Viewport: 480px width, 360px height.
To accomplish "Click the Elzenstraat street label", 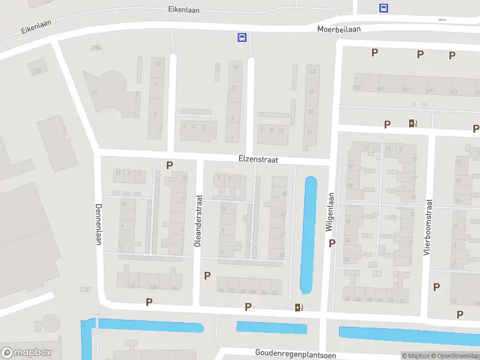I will [x=257, y=160].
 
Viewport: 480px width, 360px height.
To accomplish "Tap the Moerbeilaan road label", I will [x=340, y=28].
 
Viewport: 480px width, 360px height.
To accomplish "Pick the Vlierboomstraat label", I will [x=428, y=227].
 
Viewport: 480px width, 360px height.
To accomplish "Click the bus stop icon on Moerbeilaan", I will [x=383, y=8].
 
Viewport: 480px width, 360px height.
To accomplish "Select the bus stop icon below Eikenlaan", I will [x=242, y=37].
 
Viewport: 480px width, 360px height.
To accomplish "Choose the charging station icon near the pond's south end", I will [x=299, y=308].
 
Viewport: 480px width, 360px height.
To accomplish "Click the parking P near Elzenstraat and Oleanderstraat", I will [x=169, y=165].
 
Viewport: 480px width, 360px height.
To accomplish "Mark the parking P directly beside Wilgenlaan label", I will [x=332, y=243].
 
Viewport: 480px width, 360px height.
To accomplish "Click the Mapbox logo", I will [x=26, y=353].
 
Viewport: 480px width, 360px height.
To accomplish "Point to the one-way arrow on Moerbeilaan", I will [x=442, y=20].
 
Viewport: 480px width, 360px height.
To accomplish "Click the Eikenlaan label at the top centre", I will [x=184, y=10].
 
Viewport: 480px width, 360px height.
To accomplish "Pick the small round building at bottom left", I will [x=50, y=325].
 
